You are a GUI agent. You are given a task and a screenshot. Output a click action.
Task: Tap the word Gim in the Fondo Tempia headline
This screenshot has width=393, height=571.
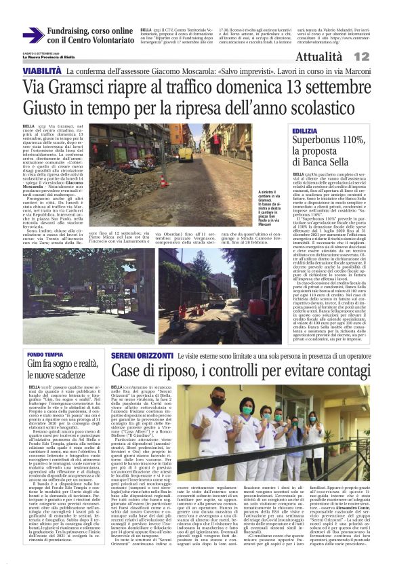[35, 364]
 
